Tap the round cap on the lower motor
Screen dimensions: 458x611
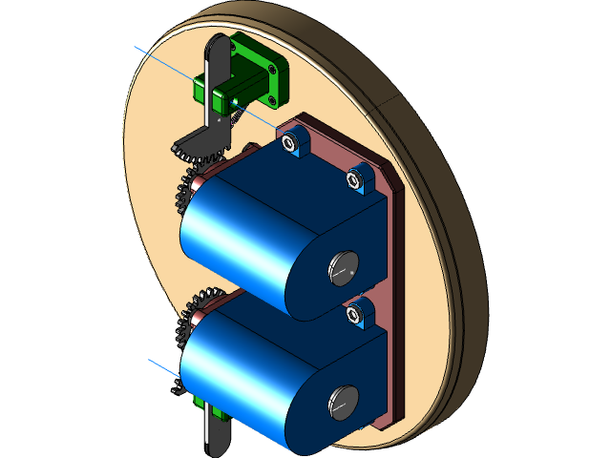point(341,404)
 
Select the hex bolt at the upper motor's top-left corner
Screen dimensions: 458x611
point(292,141)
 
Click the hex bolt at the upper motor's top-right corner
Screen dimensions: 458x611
point(359,177)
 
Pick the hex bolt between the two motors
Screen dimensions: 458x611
point(358,314)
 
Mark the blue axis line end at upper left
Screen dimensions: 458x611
point(136,46)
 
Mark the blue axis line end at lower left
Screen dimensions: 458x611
point(147,360)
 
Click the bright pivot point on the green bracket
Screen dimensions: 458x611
point(232,100)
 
